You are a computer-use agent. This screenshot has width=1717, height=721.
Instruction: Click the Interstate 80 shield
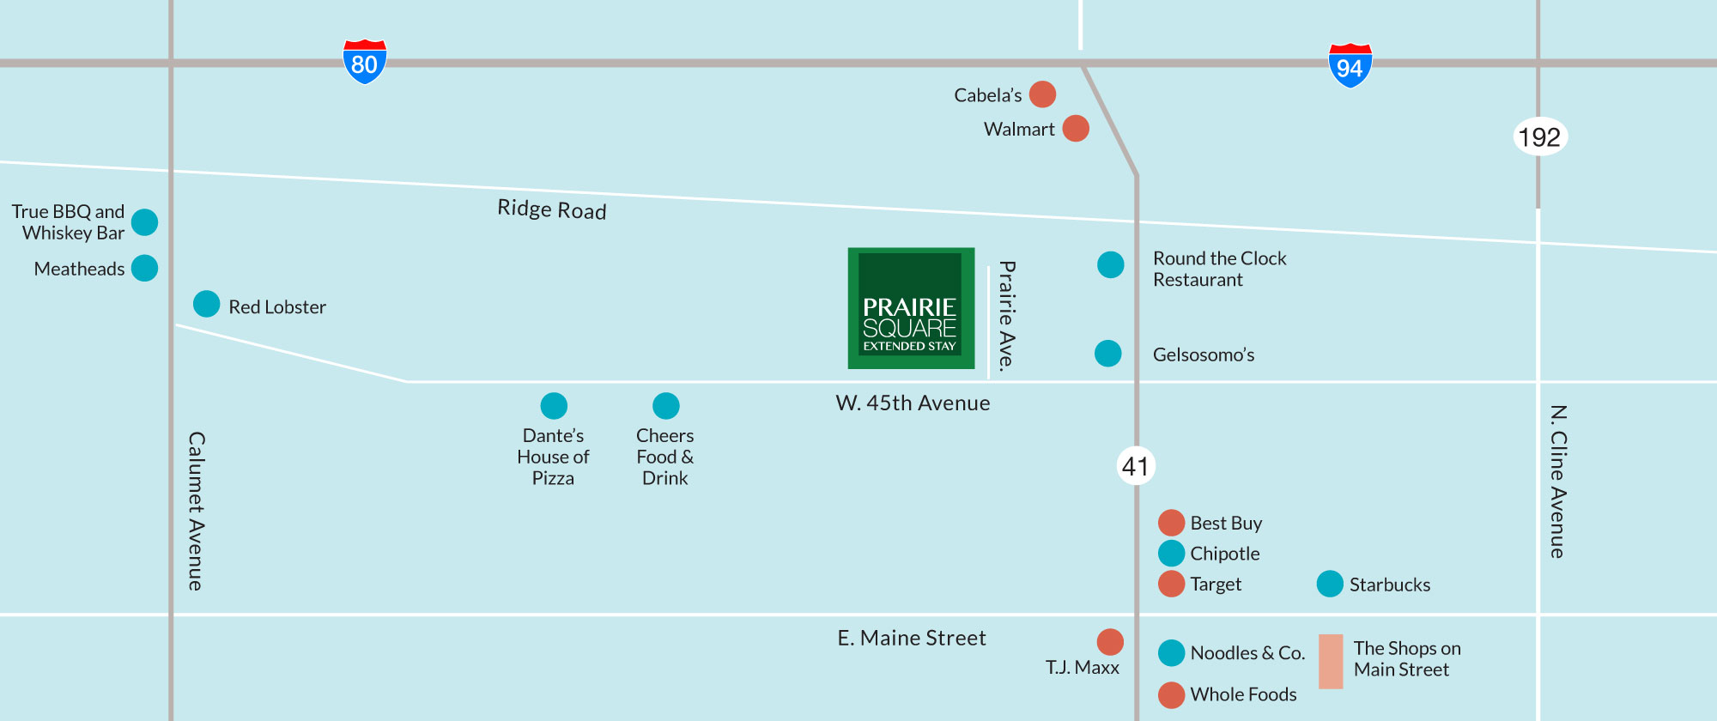[365, 62]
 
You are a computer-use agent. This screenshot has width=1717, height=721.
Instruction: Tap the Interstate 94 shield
[1350, 65]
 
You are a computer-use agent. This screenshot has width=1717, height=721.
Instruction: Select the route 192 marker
[1539, 136]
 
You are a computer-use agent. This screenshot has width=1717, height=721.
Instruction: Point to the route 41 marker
[1136, 466]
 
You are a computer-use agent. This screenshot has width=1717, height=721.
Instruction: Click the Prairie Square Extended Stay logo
[911, 308]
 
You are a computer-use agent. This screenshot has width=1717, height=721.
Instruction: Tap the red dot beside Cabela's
[1042, 94]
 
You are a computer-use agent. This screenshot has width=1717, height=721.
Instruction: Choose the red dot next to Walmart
[1076, 129]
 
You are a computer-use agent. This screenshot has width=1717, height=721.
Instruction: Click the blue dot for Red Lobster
[207, 304]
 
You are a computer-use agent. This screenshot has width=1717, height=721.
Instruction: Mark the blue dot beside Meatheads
[144, 268]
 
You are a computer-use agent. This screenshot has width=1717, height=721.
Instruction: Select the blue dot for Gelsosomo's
[1108, 353]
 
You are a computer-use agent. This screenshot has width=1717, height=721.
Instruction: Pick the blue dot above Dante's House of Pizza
[554, 405]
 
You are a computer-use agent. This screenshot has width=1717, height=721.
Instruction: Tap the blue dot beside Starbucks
[1330, 584]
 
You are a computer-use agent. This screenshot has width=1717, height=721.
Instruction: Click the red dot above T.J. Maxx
[1110, 641]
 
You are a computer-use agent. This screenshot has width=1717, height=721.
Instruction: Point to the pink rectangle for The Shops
[1331, 661]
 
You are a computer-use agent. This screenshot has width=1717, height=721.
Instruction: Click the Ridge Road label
[552, 209]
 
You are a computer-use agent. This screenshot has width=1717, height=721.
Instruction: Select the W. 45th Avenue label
[913, 403]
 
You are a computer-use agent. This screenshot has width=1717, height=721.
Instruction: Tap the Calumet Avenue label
[197, 511]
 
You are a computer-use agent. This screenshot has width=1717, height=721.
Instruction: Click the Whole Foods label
[1243, 694]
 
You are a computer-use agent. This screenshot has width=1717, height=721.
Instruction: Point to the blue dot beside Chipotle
[1172, 553]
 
